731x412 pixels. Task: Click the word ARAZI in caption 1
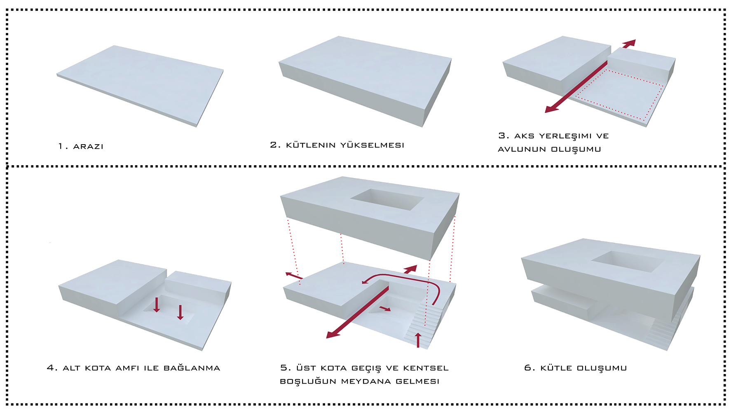click(x=88, y=146)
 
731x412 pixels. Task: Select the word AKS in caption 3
click(x=524, y=136)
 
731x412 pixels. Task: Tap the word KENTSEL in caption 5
click(x=426, y=368)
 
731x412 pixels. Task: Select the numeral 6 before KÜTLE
click(x=527, y=368)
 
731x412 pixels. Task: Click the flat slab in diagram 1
click(x=140, y=85)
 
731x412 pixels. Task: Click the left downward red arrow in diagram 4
click(x=157, y=304)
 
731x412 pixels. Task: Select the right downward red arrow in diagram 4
click(x=180, y=312)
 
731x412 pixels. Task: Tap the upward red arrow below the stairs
click(x=418, y=340)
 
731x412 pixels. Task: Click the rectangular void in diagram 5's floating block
click(x=387, y=199)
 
